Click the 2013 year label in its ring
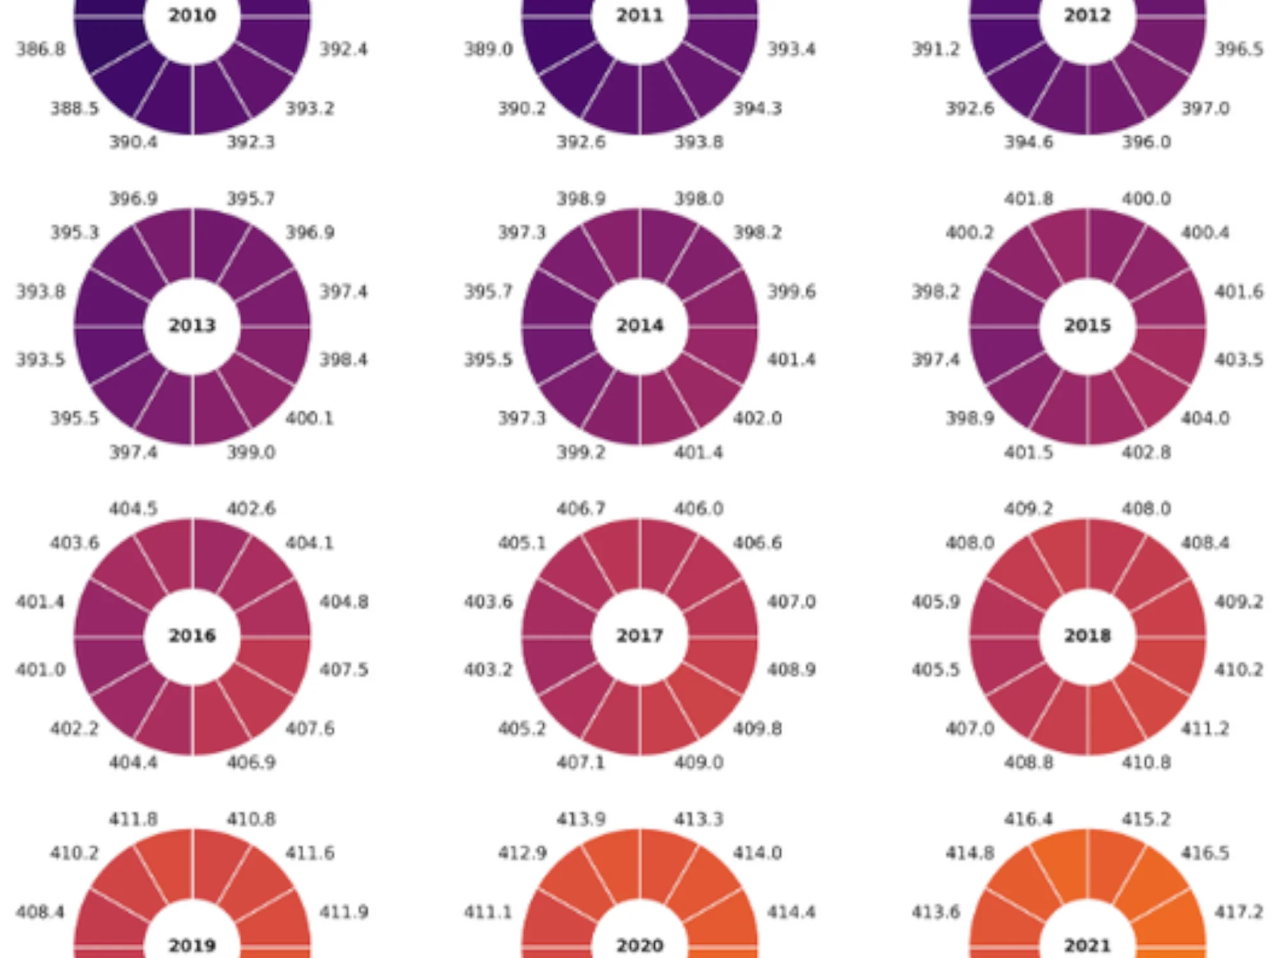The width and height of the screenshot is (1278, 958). coord(192,326)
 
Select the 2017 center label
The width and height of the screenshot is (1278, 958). coord(640,636)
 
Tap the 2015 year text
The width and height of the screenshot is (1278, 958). coord(1088,326)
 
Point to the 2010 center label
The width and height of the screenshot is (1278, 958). coord(192,15)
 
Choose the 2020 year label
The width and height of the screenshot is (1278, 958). coord(640,945)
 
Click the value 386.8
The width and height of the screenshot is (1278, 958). coord(41,49)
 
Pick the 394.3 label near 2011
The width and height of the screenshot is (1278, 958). coord(757,109)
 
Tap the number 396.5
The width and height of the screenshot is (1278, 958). coord(1239,49)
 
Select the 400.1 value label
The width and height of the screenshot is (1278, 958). coord(310,418)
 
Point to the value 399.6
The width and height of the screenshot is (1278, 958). coord(792,292)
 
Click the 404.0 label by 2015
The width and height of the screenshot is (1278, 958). coord(1205,418)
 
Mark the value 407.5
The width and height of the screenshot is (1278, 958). coord(344,669)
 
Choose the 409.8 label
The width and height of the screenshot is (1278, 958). coord(757,729)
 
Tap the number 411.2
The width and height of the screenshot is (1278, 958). coord(1205,729)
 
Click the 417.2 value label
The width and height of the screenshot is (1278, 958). coord(1239,912)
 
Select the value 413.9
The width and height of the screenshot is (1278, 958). coord(581,819)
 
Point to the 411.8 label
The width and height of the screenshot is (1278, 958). coord(134,819)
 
